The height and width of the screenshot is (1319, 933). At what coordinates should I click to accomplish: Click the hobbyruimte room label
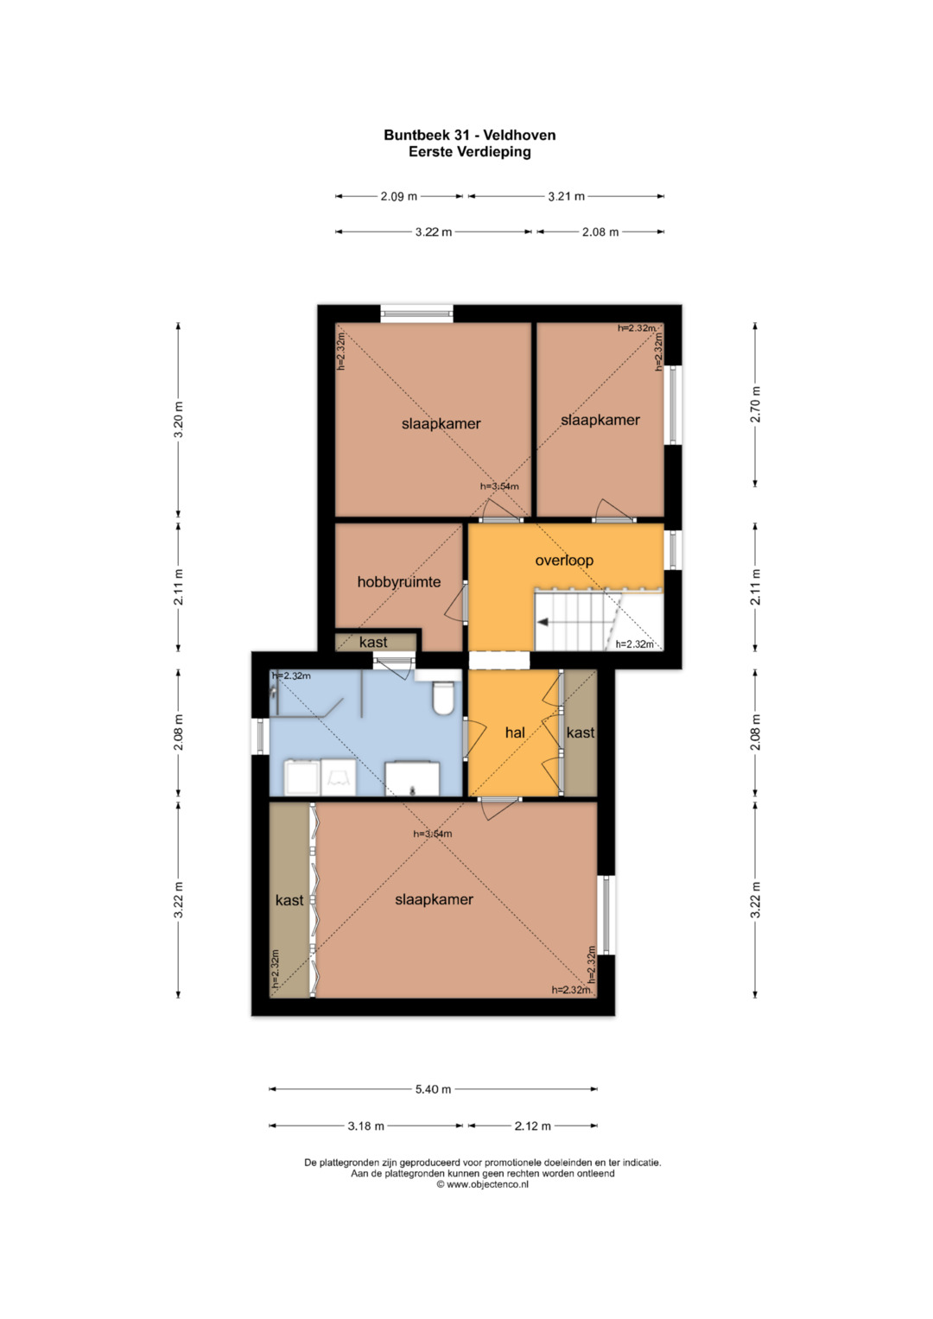point(399,582)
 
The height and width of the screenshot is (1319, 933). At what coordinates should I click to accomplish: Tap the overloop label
point(563,561)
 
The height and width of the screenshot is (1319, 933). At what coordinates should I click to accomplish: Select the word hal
point(515,732)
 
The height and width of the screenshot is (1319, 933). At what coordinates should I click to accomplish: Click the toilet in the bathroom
point(442,698)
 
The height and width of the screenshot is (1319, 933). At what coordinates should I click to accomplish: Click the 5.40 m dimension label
point(433,1089)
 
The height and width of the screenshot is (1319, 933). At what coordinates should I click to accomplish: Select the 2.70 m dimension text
point(756,404)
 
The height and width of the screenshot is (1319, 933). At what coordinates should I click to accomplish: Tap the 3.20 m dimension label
point(179,419)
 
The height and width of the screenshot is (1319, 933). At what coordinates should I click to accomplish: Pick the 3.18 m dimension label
point(365,1126)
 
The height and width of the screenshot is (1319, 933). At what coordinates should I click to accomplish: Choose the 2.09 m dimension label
point(399,197)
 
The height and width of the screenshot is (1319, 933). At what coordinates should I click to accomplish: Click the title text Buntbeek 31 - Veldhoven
point(469,136)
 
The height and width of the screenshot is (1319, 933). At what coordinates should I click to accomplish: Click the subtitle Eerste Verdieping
point(469,152)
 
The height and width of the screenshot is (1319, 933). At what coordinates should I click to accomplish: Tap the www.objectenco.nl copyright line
point(482,1185)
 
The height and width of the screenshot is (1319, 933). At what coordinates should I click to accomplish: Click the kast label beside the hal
point(581,732)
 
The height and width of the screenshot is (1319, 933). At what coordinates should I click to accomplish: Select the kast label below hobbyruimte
point(373,643)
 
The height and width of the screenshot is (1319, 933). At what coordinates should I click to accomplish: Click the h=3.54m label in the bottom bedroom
point(432,834)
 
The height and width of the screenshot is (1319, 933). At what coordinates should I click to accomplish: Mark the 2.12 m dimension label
point(532,1126)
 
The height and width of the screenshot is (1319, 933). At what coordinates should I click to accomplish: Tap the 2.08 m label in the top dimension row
point(600,232)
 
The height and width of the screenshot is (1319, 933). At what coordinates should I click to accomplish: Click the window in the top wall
point(416,314)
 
